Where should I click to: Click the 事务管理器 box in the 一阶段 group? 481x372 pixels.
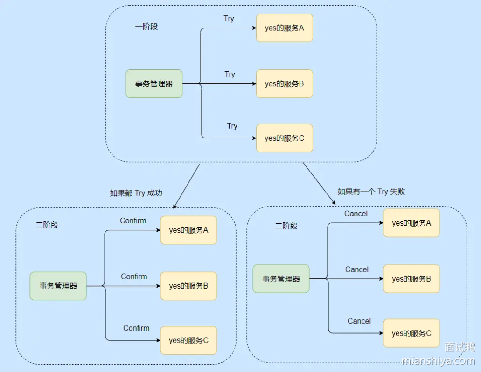[x=154, y=84]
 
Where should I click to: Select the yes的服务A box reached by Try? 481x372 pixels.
[x=284, y=28]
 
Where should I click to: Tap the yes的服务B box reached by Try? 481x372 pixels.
[x=284, y=84]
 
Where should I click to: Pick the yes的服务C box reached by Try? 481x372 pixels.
[x=284, y=138]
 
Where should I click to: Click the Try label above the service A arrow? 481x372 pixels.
[x=229, y=19]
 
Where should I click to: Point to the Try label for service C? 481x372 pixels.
[x=232, y=126]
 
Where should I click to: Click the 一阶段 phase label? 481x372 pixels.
[x=146, y=27]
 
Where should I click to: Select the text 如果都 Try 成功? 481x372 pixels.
[x=136, y=193]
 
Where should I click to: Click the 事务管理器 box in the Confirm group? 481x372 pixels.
[x=58, y=286]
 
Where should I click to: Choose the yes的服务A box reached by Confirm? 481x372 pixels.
[x=188, y=230]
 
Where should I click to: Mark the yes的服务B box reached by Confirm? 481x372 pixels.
[x=188, y=286]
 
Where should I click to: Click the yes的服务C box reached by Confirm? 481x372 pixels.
[x=188, y=340]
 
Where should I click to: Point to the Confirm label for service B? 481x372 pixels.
[x=134, y=276]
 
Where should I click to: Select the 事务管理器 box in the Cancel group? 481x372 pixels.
[x=281, y=279]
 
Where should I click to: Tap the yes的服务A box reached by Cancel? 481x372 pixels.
[x=411, y=223]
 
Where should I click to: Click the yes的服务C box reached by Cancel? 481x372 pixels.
[x=411, y=333]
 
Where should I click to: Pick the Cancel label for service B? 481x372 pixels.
[x=357, y=269]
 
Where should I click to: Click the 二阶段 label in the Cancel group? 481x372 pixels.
[x=286, y=226]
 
